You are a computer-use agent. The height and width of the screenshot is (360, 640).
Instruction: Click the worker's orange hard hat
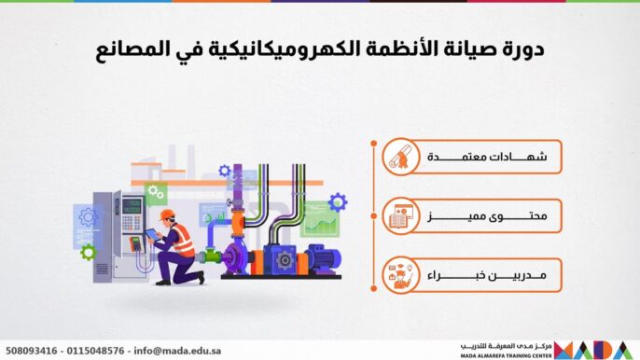166,215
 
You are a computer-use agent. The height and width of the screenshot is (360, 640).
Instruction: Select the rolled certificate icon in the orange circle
400,159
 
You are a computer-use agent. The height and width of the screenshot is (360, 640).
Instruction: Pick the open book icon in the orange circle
400,217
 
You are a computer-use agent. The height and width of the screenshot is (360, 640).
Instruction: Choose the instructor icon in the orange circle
400,275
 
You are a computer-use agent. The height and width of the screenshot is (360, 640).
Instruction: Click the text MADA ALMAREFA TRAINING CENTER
508,355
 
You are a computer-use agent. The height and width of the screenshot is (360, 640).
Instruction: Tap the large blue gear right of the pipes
337,201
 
